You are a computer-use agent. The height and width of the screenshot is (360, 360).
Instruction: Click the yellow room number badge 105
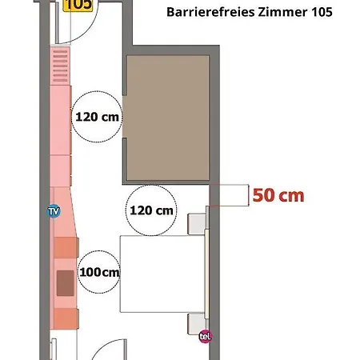coord(78,5)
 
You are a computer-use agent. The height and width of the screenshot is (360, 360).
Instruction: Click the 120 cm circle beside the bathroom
coord(98,116)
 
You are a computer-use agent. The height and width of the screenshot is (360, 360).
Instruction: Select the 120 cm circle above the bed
coord(151,210)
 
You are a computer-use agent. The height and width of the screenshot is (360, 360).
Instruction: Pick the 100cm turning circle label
coord(99,272)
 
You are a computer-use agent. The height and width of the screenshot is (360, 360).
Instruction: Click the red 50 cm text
coord(278,194)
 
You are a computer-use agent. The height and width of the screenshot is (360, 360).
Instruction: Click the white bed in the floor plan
coord(160,274)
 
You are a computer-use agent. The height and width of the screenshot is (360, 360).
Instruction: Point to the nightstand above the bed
coord(197,224)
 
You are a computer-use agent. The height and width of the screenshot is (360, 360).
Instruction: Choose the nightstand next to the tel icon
coord(197,323)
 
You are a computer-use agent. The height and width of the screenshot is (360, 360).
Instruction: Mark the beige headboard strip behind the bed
coord(210,274)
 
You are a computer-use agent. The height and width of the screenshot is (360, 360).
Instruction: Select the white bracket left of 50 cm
coord(230,194)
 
